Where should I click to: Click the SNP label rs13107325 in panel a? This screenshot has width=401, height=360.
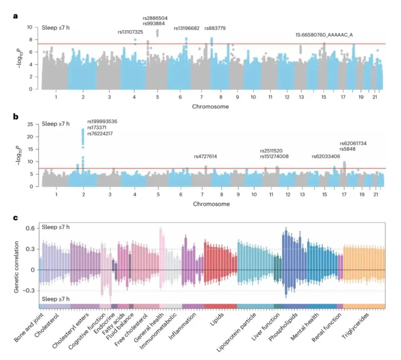(x=130, y=32)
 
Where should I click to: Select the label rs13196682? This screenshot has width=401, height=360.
(x=187, y=28)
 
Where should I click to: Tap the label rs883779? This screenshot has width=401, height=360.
(x=215, y=28)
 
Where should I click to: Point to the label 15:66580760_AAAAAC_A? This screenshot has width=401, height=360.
(x=324, y=35)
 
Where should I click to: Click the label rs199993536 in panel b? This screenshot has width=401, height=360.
(x=102, y=121)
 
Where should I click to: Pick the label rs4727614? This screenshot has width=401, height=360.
(x=205, y=156)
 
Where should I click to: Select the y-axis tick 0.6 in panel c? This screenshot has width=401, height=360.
(x=30, y=228)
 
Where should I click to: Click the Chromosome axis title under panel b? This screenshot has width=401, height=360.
(x=211, y=204)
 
